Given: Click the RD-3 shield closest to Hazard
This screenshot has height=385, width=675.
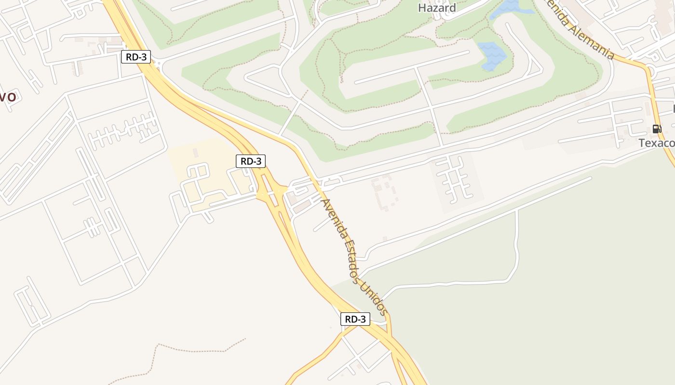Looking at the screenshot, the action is [x=136, y=57].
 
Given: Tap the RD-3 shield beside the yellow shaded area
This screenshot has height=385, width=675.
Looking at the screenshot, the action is [x=251, y=161].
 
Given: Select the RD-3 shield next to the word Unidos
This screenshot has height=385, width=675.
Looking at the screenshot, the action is [x=355, y=319].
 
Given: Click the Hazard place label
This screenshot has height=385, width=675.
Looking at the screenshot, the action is [x=437, y=8].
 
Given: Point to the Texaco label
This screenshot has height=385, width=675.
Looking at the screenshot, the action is [x=656, y=143].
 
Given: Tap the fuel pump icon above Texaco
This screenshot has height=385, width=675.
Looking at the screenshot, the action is [x=656, y=129].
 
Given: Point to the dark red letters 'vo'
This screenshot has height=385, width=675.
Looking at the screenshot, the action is [x=8, y=97].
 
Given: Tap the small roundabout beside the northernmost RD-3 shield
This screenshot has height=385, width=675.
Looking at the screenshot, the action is [x=159, y=62].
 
